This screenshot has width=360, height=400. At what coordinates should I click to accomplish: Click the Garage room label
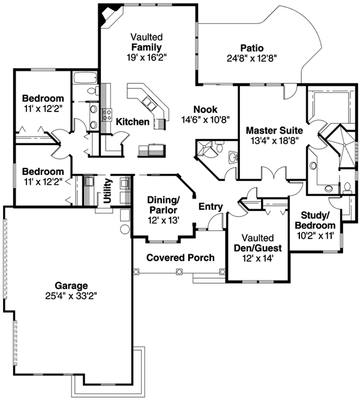71,285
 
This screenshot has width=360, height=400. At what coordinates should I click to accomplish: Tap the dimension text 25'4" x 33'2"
71,295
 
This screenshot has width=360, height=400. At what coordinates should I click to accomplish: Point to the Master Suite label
274,129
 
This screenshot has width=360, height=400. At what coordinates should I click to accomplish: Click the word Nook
204,109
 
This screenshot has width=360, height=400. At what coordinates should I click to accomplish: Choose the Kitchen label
133,122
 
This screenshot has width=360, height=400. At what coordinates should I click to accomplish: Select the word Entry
211,207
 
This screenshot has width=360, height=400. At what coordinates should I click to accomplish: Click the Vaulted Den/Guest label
259,242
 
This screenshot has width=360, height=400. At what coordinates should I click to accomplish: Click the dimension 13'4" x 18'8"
274,140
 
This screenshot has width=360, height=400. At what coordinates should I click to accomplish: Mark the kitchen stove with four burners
107,114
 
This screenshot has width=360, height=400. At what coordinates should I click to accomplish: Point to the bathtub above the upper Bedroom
84,77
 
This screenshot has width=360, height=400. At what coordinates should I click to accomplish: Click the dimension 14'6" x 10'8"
204,119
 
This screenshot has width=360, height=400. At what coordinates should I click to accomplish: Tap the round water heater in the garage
125,229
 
